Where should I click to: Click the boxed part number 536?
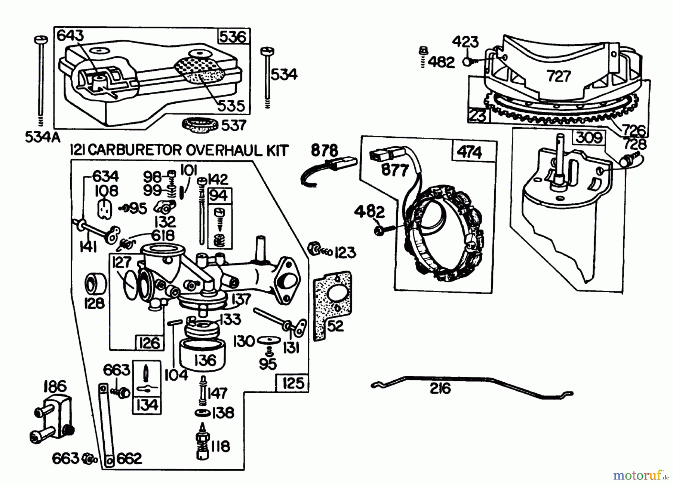coord(233,37)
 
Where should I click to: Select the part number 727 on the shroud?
coord(559,76)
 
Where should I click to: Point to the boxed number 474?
coord(470,152)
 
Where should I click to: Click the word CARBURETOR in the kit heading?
coord(132,150)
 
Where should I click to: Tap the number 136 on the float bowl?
coord(205,360)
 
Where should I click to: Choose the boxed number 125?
coord(293,383)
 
